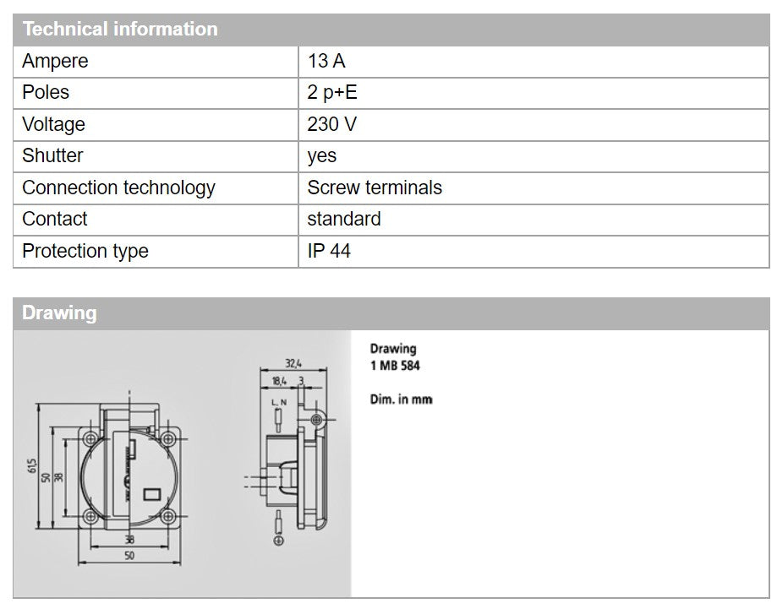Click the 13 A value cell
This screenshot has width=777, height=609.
coord(326,62)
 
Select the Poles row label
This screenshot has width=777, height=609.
coord(46,93)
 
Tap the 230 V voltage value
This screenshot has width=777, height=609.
coord(331,124)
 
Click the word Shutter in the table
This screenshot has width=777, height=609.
coord(52,155)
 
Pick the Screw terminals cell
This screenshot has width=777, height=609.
coord(375,188)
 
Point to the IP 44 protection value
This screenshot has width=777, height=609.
coord(329,251)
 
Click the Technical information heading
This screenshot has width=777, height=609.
coord(120,29)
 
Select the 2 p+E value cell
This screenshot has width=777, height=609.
coord(332,93)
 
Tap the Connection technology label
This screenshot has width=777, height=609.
coord(118,188)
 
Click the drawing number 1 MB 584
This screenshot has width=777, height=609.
coord(395,367)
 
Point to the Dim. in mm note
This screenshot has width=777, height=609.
coord(401,400)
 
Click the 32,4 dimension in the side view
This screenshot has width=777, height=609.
coord(293,364)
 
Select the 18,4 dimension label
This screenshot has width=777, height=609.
coord(280,382)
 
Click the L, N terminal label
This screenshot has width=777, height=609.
coord(279,403)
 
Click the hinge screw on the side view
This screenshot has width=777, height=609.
coord(316,420)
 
